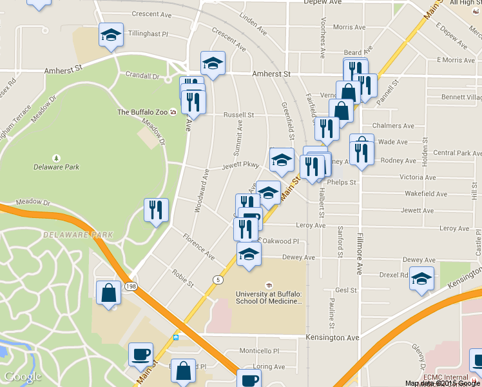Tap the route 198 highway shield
click(x=131, y=286)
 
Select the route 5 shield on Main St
click(x=218, y=279)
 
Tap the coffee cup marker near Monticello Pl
click(x=140, y=353)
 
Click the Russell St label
click(x=238, y=115)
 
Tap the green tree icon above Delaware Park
click(x=57, y=157)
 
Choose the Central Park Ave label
click(x=457, y=153)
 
